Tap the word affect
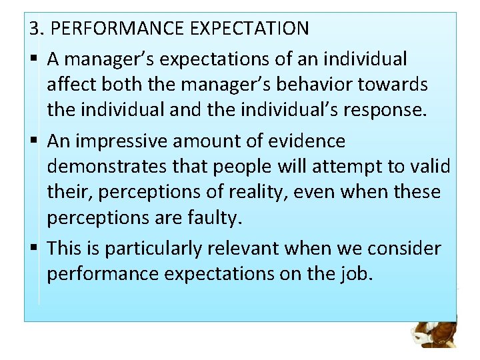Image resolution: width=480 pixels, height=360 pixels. tap(69, 85)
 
